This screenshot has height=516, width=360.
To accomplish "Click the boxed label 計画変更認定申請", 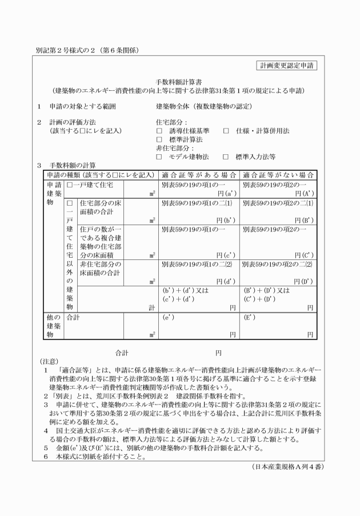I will coord(286,66).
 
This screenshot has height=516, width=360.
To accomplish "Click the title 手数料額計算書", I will coord(179,82).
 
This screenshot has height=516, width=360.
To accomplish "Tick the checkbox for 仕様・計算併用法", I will coord(226,131).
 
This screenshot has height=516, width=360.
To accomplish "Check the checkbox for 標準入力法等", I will coord(226,156).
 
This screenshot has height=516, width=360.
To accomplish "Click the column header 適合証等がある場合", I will coord(198,174).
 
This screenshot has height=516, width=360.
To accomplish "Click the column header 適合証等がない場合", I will coord(278,174).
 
